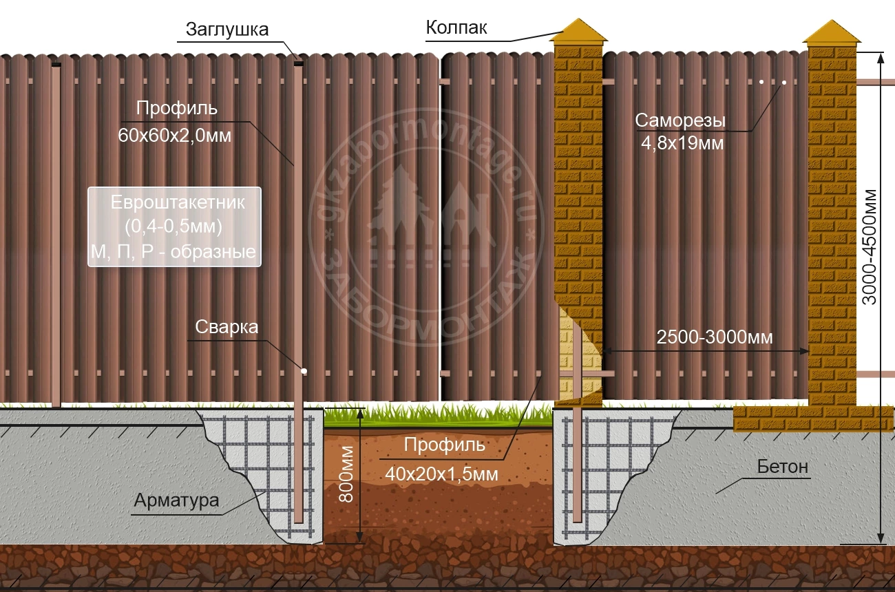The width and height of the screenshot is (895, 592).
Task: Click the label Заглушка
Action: (x=227, y=30)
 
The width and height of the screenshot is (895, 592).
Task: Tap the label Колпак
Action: (x=456, y=28)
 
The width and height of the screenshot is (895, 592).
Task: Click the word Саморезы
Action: (x=680, y=120)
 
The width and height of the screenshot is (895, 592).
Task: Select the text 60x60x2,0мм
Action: (x=175, y=136)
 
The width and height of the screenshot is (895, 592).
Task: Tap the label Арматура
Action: (x=177, y=500)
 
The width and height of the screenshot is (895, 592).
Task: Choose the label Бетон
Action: (x=783, y=467)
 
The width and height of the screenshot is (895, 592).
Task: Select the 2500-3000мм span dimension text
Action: (x=715, y=338)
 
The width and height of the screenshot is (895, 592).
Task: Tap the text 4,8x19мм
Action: (x=680, y=145)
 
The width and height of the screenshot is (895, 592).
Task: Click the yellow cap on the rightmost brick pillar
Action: (x=832, y=32)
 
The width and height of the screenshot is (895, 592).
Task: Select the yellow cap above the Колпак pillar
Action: (x=580, y=32)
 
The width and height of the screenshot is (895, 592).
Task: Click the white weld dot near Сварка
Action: (x=304, y=371)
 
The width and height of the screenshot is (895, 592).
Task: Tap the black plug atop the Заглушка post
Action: (x=298, y=64)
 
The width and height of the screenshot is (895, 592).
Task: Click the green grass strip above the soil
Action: (x=438, y=416)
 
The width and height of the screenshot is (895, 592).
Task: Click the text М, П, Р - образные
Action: (x=173, y=253)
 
